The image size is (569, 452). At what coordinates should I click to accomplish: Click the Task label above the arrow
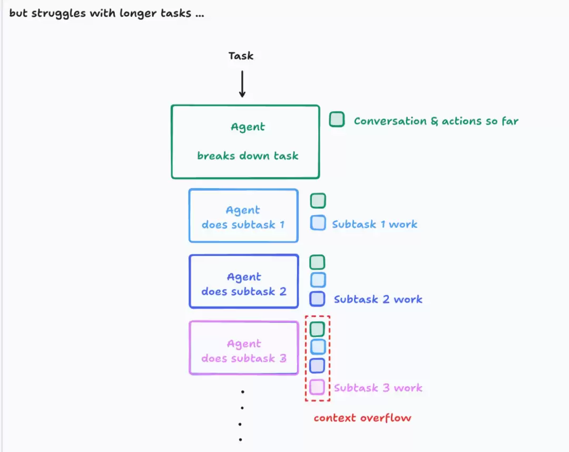tap(241, 55)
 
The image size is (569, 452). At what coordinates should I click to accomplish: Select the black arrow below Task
tap(242, 84)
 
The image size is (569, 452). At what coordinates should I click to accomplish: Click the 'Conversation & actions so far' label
tap(436, 121)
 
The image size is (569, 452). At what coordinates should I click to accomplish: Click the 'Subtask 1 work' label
tap(375, 224)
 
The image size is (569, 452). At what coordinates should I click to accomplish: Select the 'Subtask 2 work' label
tap(378, 299)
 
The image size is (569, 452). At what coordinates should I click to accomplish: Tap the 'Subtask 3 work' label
tap(378, 388)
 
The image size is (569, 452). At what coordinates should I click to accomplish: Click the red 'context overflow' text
tap(362, 418)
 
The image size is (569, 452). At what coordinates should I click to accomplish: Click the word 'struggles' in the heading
tap(58, 14)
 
